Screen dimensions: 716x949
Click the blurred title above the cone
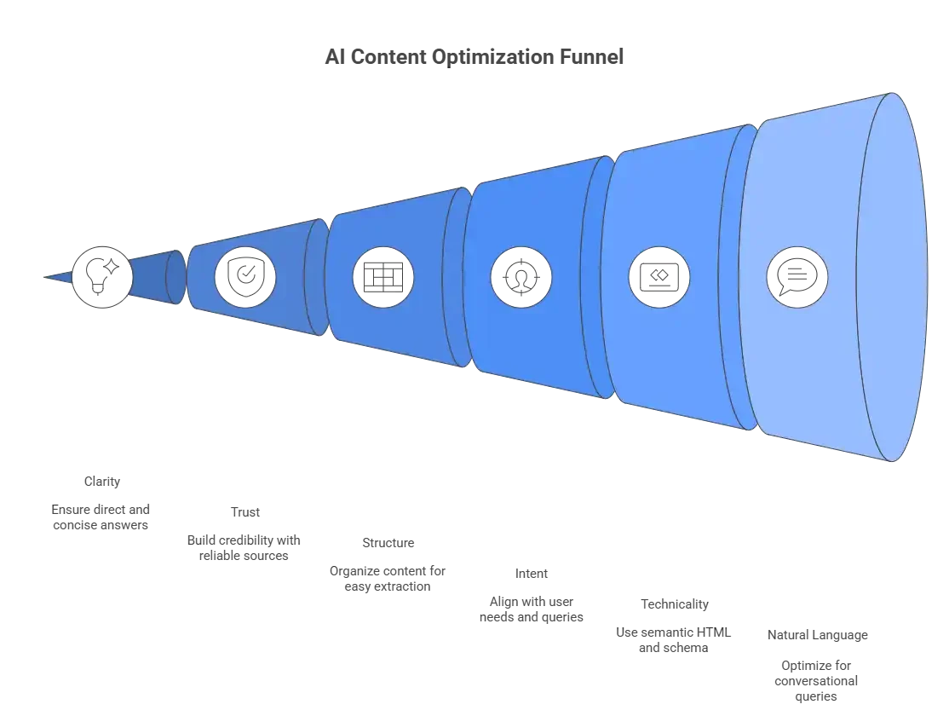474,60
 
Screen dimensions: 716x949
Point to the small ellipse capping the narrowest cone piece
175,277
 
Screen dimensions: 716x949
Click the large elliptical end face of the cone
891,276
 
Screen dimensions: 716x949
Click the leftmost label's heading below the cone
102,482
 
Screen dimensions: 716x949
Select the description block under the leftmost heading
99,517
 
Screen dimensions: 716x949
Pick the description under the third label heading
388,576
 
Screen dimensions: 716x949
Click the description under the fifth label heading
673,639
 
